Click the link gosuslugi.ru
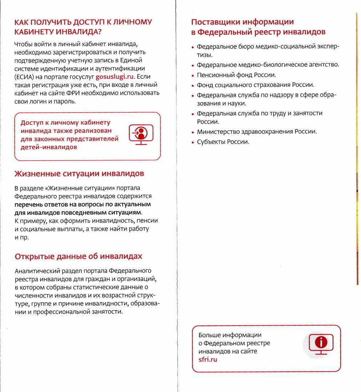[114, 77]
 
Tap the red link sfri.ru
[208, 360]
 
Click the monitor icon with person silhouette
[141, 134]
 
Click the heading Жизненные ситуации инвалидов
[79, 173]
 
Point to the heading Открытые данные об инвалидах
[78, 256]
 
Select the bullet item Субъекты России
[223, 142]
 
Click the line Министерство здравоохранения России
[257, 132]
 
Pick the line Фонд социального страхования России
[255, 85]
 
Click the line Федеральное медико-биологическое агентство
[268, 65]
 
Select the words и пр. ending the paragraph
[21, 237]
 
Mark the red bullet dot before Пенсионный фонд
[193, 76]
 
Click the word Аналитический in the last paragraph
[36, 271]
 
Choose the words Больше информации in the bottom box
[230, 335]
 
